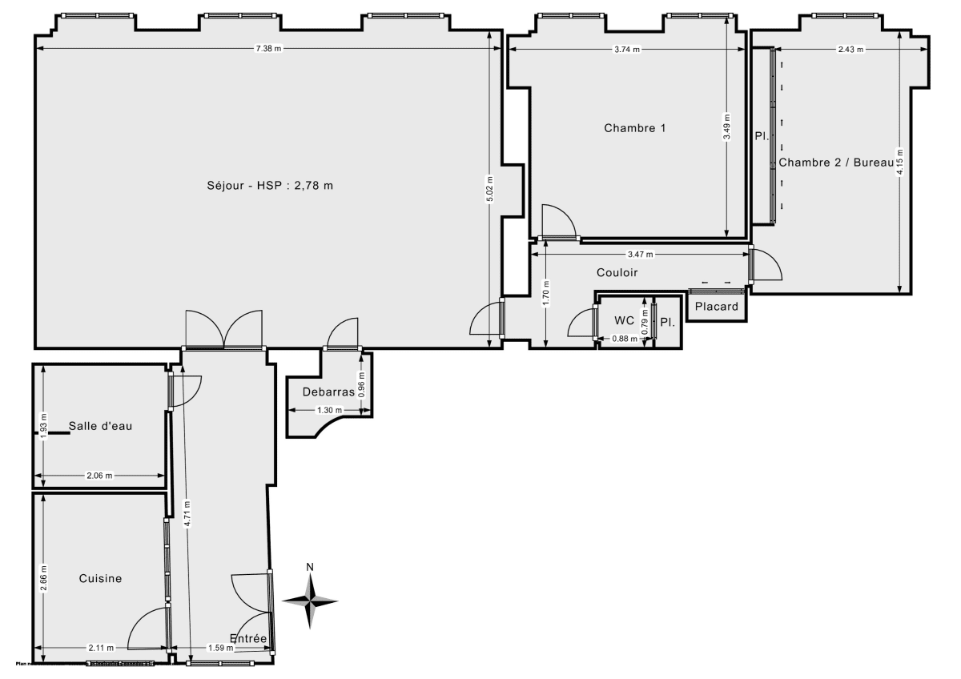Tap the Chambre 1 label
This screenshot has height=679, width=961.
click(x=635, y=128)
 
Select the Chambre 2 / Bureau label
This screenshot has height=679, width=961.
click(x=835, y=163)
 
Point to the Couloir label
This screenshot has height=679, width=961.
click(x=617, y=273)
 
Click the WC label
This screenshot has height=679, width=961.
click(x=625, y=321)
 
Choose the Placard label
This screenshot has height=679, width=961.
click(x=716, y=307)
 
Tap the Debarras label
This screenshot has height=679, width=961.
click(x=328, y=392)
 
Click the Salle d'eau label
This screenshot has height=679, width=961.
click(x=100, y=426)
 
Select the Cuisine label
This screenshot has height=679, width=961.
click(x=100, y=578)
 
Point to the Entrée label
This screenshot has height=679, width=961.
click(x=247, y=638)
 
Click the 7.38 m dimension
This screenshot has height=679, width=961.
click(x=268, y=49)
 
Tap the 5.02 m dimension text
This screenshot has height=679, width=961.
click(x=490, y=190)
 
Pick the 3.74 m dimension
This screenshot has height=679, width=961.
click(x=627, y=49)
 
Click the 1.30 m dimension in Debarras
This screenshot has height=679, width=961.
click(x=330, y=410)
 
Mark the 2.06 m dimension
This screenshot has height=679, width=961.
click(x=99, y=475)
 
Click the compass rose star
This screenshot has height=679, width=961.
click(x=311, y=600)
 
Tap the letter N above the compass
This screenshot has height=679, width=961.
click(x=311, y=568)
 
